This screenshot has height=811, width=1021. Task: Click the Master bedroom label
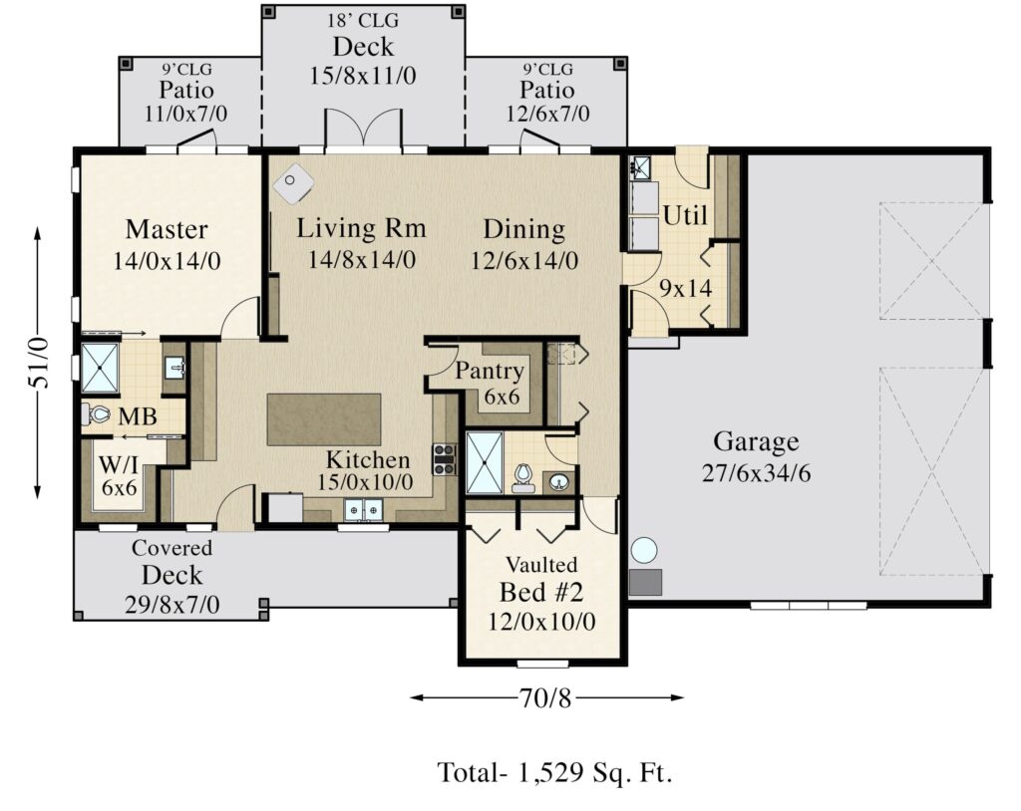click(167, 230)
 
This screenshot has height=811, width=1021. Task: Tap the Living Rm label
click(361, 228)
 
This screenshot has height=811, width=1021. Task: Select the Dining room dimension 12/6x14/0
click(524, 260)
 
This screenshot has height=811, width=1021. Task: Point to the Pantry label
click(490, 372)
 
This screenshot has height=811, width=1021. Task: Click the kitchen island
click(324, 419)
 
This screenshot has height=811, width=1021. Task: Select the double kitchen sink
click(364, 510)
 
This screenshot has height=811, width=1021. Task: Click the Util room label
click(685, 215)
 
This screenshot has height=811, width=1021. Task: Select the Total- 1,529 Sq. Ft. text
click(554, 772)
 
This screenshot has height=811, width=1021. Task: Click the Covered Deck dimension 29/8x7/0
click(171, 604)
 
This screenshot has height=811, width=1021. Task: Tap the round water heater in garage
click(644, 550)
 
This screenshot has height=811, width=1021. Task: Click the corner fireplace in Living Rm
click(295, 179)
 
